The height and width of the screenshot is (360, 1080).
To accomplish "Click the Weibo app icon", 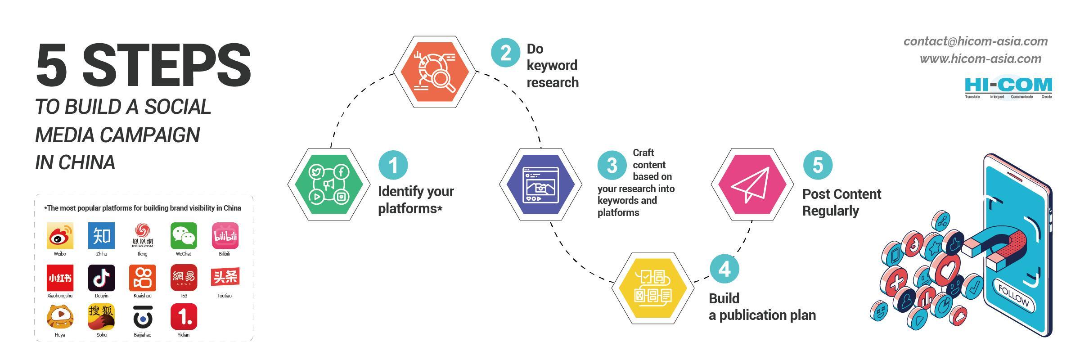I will [x=60, y=235].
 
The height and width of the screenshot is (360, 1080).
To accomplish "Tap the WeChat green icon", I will [x=184, y=235].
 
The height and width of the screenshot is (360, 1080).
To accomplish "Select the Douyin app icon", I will [x=101, y=278].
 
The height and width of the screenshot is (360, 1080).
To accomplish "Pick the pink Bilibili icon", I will [x=225, y=235].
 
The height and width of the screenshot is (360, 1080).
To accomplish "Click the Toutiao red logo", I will [x=225, y=277].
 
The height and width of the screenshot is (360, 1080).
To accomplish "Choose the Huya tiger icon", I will [x=60, y=317].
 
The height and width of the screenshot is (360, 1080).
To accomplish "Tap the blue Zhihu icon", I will [x=101, y=235].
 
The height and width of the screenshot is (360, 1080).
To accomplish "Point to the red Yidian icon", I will [x=184, y=317].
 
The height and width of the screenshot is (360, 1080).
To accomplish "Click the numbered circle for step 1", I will [x=393, y=165].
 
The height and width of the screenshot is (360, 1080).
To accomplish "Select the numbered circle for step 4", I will [x=724, y=269].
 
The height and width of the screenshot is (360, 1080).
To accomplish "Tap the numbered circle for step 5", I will [x=818, y=165].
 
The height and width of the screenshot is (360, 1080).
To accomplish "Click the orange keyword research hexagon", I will [x=435, y=72].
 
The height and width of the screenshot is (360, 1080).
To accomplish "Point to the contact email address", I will [x=975, y=41].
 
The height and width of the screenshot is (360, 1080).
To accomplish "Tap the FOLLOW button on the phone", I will [x=1013, y=296].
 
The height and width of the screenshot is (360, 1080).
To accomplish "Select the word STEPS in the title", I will [x=166, y=66].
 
